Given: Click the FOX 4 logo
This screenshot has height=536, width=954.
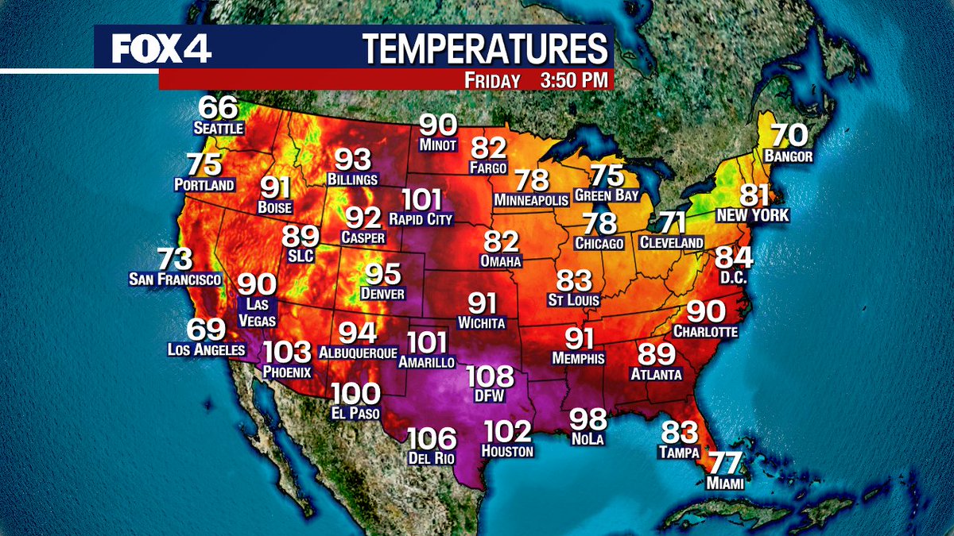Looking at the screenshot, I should [161, 49].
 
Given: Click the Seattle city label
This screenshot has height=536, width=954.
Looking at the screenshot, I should [218, 127].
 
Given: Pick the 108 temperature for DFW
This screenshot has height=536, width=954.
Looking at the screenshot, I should [491, 376].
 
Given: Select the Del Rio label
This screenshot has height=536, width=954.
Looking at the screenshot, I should [433, 459].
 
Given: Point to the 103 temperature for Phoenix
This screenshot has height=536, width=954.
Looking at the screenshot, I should [287, 352].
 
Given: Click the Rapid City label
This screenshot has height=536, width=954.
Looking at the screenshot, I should [421, 218].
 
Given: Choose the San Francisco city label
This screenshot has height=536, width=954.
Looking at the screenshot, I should [175, 280].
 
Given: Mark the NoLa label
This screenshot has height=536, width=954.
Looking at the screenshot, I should [588, 438].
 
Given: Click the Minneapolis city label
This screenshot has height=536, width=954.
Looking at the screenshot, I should [530, 199].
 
